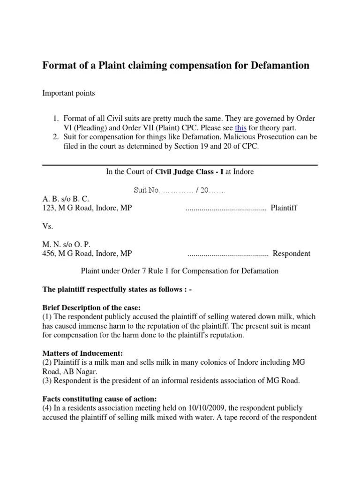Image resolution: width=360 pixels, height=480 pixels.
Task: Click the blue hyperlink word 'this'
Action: (240, 127)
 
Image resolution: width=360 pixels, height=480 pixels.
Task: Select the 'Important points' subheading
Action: (68, 93)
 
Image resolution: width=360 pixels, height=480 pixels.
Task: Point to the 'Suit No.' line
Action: (180, 191)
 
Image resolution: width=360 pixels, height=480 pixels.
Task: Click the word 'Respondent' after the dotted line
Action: (291, 254)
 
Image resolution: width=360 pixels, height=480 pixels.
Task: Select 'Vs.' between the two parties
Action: (48, 226)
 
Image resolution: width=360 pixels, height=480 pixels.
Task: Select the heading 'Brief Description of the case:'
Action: (91, 308)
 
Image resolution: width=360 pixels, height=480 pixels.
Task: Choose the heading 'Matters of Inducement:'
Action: (82, 353)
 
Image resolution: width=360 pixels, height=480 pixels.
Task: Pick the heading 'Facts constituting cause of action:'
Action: (100, 399)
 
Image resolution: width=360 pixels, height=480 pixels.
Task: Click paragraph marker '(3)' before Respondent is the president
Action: (48, 381)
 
